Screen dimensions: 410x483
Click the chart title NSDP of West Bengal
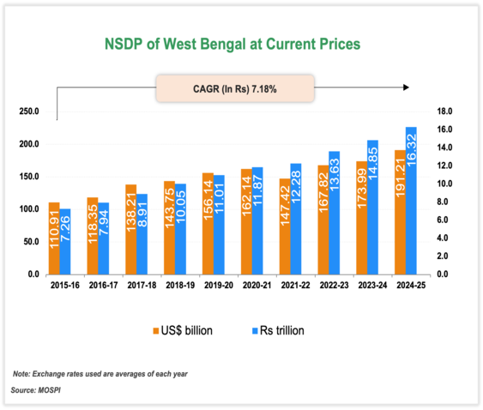pos(232,42)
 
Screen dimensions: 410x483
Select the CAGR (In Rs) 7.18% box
pos(235,87)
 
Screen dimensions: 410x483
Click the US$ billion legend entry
pos(184,330)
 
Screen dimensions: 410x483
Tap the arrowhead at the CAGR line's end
pos(407,87)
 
